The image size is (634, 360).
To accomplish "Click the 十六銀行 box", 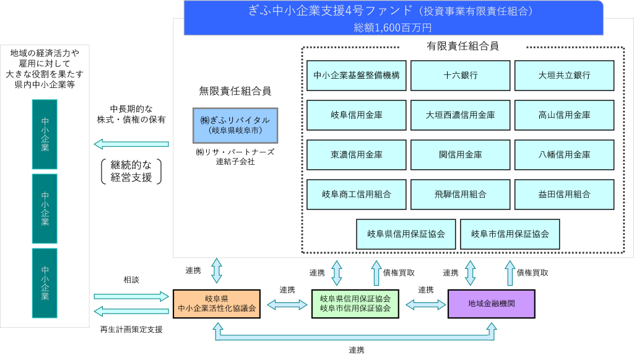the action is coord(460,75).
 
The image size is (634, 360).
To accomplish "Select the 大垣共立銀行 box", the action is coord(564,75).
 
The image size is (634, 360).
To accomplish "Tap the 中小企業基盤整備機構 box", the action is coord(356,75).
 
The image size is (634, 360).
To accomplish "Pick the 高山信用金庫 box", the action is coord(564,115).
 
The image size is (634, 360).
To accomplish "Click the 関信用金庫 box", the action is coord(460,154).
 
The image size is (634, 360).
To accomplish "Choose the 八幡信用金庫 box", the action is coord(564,154).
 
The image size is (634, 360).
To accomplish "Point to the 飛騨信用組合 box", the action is coord(460,194).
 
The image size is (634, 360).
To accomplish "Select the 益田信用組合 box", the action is coord(564,194).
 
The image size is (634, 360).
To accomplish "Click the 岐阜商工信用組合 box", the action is coord(356,194).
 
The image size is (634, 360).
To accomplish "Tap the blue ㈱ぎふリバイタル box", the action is coord(235,125).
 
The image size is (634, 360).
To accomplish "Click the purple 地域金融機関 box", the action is coord(491,304).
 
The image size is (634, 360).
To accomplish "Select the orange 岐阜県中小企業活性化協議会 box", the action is coord(217,304).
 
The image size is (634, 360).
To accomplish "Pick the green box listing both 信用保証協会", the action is coord(355,304).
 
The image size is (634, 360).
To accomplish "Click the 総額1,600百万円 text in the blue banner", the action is coord(393,27).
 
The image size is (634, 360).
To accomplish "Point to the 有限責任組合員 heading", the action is coord(462,46).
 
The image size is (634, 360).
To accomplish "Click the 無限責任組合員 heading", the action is coord(235,91).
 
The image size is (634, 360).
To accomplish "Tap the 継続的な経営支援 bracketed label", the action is coord(131,171).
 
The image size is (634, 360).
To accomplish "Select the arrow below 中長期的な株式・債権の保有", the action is coord(131,144).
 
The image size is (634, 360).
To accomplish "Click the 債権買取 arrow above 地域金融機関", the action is coord(510,273).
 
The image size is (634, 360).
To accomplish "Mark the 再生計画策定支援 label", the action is coord(131,330).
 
